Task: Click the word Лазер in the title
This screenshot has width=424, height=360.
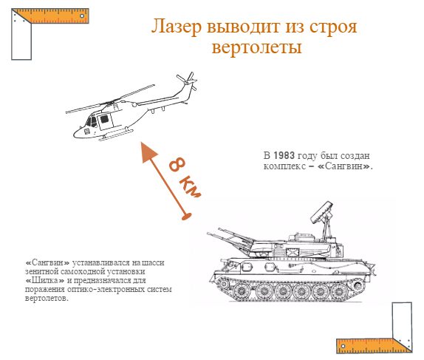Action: pos(177,27)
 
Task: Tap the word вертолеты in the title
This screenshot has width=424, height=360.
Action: pos(256,48)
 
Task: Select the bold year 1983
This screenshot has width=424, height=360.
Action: pos(284,156)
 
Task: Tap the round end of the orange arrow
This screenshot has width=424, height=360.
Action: pos(186,217)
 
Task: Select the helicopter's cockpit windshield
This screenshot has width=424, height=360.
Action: pos(91,122)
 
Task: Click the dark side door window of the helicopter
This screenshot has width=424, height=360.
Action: pos(104,119)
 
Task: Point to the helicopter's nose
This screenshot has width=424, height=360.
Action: pos(77,134)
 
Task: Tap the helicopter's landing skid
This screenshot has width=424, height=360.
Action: pos(116,135)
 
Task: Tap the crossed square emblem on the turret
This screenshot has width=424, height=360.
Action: pos(293,253)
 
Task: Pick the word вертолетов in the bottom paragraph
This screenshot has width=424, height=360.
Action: pos(47,299)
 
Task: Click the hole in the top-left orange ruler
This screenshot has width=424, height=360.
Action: pos(82,16)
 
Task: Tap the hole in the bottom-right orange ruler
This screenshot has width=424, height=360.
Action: pos(343,346)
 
